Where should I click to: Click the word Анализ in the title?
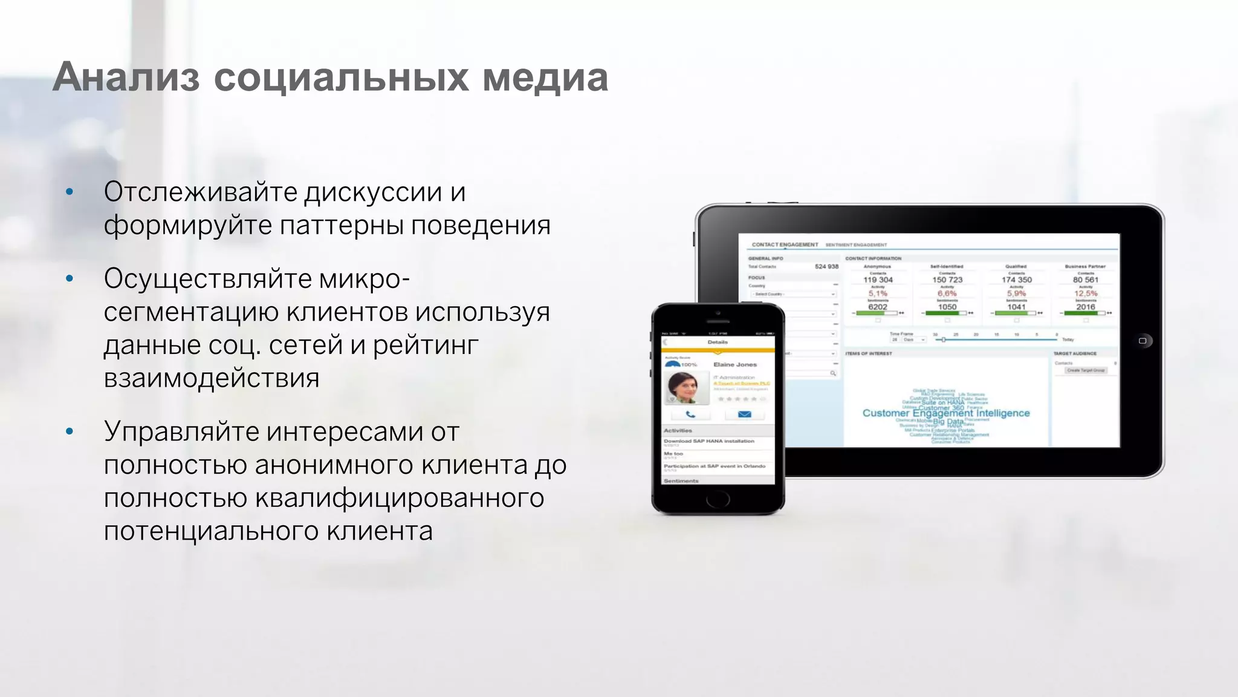coord(126,77)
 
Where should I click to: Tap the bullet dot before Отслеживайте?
coord(70,192)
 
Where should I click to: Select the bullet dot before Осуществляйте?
coord(70,279)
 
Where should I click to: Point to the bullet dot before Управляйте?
coord(70,432)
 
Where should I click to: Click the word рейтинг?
coord(426,345)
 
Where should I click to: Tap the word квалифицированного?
coord(400,498)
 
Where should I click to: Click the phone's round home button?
coord(718,499)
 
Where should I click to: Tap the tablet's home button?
coord(1142,341)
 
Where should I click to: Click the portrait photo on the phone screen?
coord(687,387)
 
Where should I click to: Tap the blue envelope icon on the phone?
coord(745,414)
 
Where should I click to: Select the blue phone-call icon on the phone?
coord(690,414)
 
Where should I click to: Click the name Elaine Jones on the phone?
coord(735,364)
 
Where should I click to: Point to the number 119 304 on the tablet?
coord(878,280)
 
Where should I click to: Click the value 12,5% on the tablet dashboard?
coord(1086,293)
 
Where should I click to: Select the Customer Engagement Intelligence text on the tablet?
coord(946,413)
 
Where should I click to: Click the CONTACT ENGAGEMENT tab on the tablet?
coord(785,244)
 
